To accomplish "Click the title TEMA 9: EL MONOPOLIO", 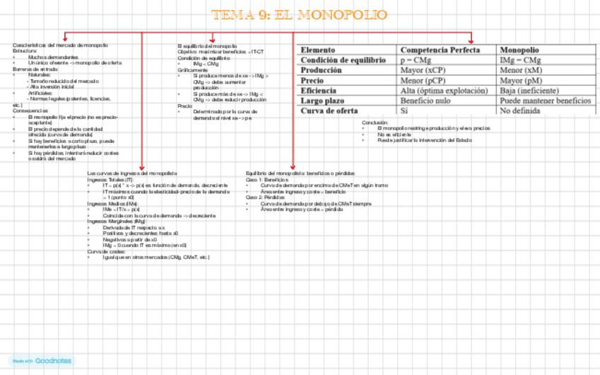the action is click(299, 15).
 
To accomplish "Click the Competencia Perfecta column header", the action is click(440, 50).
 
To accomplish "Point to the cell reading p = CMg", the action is click(416, 60).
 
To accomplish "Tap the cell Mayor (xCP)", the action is click(423, 71).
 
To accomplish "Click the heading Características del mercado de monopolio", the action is click(61, 45).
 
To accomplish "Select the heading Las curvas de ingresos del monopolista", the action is click(132, 173).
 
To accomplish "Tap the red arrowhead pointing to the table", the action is click(471, 40).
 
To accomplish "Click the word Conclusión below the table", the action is click(375, 122).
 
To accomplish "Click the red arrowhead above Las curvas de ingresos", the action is click(142, 166).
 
